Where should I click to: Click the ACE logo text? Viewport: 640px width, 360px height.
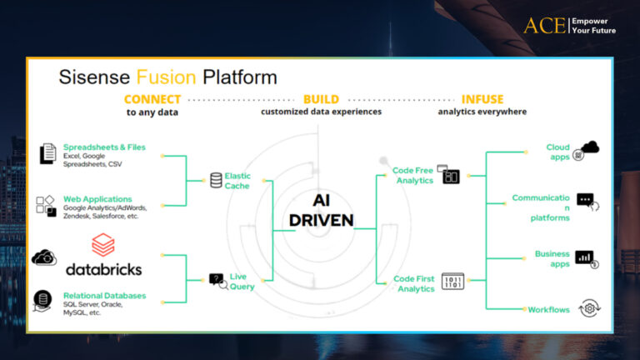coord(544,26)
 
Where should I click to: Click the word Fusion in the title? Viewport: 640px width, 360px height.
coord(166,77)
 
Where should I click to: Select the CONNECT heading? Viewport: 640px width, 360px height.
coord(152,99)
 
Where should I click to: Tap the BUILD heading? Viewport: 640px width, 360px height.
coord(321,99)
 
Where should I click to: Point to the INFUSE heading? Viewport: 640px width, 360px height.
coord(482,99)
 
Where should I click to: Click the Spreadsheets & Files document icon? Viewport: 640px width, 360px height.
coord(47,153)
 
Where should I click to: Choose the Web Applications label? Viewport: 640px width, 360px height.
coord(97,199)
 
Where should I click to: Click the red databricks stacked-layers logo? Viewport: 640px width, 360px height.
coord(102,244)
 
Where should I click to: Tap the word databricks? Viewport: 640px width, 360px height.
coord(103,269)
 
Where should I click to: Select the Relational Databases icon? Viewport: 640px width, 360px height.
coord(42,301)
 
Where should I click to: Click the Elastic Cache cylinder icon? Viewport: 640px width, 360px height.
coord(216,180)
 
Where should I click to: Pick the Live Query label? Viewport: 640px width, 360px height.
coord(242,281)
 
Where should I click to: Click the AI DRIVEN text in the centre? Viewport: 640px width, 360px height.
coord(321,210)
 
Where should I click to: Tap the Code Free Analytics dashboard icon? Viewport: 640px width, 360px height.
coord(448,174)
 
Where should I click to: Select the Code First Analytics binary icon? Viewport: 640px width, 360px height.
coord(452,281)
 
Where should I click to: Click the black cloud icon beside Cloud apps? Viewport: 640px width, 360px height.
coord(590,147)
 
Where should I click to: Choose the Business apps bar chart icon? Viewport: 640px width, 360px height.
coord(587,259)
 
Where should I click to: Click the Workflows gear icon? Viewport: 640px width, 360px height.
coord(589,308)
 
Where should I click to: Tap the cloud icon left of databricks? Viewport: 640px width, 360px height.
coord(44,257)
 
